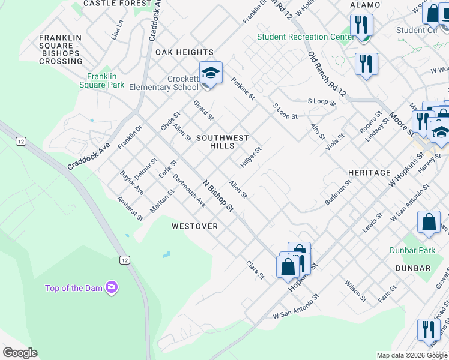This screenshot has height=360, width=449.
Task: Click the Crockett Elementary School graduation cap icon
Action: tap(211, 74)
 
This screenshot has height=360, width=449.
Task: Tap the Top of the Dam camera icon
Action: tap(111, 287)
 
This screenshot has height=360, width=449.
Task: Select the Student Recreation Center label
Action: tap(306, 37)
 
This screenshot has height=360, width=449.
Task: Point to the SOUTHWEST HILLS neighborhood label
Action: tap(222, 142)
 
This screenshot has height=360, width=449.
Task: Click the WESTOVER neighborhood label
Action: tap(194, 226)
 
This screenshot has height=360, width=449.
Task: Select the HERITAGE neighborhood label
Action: tap(369, 173)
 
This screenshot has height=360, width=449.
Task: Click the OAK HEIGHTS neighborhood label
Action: tap(184, 53)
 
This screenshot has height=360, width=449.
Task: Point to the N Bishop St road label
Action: tap(217, 196)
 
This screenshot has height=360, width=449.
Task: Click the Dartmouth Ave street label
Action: tap(190, 191)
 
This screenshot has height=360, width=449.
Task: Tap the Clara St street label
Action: tap(255, 269)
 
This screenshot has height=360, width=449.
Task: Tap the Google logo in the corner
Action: tap(20, 353)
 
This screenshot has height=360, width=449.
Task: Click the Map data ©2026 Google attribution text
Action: tap(412, 355)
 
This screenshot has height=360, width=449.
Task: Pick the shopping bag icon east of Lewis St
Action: tap(429, 222)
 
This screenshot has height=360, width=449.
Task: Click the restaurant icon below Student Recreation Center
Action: tap(366, 64)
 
